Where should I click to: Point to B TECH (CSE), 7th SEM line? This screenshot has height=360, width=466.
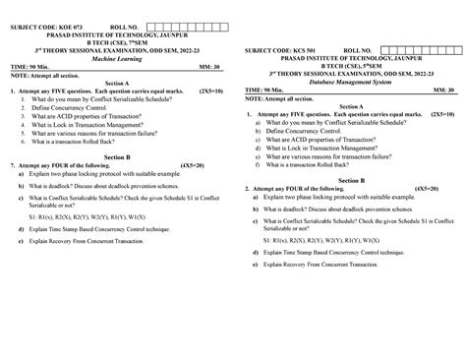[x=116, y=41]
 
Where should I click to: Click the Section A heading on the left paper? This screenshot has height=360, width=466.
[x=116, y=83]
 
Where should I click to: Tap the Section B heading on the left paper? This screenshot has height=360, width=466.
[x=116, y=156]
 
